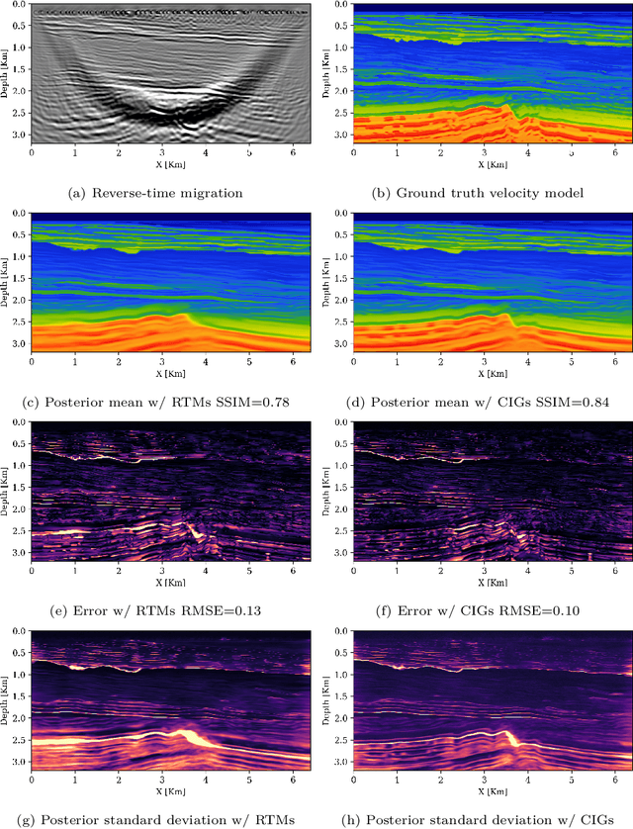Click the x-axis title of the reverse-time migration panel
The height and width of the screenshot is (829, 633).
(167, 164)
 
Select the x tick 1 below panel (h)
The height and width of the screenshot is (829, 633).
(396, 779)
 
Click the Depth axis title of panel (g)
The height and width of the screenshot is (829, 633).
(9, 697)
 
